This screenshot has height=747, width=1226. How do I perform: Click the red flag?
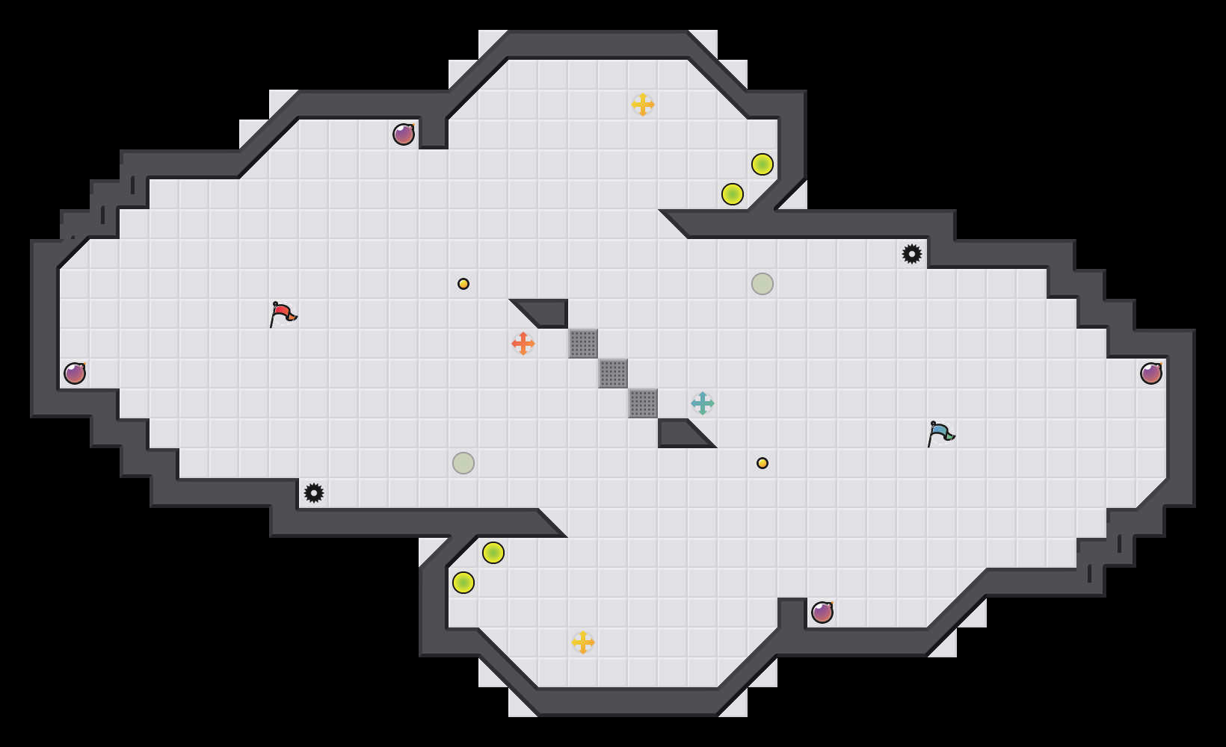pos(283,314)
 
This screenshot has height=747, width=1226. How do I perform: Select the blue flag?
pos(940,434)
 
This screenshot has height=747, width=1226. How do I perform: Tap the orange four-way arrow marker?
pos(523,344)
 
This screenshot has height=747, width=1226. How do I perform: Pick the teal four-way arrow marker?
pos(703,403)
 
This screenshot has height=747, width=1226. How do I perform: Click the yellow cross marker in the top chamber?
pos(643,105)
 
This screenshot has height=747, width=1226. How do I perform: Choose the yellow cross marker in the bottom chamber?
pos(583,642)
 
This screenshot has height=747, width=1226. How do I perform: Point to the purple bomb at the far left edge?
pos(75,373)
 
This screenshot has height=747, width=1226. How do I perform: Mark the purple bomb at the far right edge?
pos(1151,373)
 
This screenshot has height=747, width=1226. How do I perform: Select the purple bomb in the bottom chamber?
pos(822,613)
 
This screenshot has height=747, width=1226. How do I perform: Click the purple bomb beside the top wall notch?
pos(404,134)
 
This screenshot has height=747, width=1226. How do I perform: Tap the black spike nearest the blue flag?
pos(912,254)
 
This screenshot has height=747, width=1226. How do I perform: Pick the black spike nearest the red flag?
pos(314,493)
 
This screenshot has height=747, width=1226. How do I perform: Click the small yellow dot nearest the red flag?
pos(463,284)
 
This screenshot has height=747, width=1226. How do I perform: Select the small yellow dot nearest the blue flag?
pos(763,463)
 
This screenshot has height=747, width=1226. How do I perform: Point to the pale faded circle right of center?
pos(763,284)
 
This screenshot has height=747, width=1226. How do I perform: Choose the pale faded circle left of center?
pos(463,463)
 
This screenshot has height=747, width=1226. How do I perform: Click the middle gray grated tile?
pos(613,373)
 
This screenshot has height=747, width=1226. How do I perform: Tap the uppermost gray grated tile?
pos(583,344)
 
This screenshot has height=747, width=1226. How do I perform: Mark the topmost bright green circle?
pos(763,164)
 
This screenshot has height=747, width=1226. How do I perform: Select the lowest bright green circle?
pos(463,583)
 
